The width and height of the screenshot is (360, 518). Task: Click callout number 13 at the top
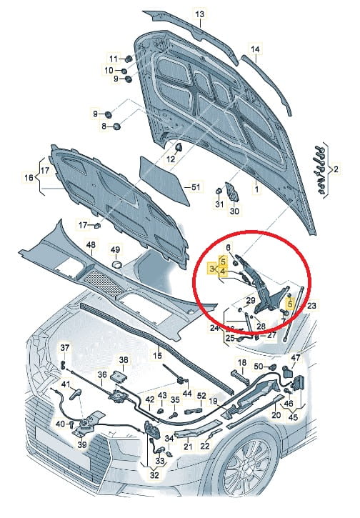point(200,14)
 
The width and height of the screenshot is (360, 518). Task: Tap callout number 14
point(255,49)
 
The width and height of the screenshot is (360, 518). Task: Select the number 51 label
point(196,187)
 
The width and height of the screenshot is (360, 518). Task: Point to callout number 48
point(91,245)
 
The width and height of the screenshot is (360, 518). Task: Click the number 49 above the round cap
point(115,249)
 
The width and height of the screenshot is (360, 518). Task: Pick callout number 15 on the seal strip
point(158,356)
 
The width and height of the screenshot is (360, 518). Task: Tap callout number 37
point(65,347)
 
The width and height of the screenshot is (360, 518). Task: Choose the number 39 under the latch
point(82,444)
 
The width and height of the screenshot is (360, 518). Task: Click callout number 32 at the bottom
point(154,475)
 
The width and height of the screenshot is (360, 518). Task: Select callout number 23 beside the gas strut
point(311,306)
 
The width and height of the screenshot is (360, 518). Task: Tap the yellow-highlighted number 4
point(224,272)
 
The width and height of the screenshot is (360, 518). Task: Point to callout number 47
point(296,357)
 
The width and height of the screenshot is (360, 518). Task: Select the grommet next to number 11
point(129,59)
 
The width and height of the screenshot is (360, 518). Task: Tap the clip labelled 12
point(179,146)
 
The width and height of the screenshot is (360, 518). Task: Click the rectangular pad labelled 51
point(164,181)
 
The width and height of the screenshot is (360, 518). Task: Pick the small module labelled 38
point(118,377)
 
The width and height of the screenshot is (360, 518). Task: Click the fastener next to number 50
point(273,367)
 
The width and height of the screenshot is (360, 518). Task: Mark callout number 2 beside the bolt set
point(336,170)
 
